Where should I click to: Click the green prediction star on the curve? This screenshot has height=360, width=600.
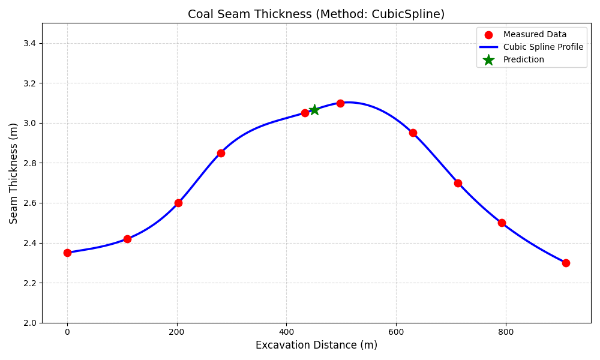coord(314,110)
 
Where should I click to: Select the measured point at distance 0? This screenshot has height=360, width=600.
coord(67,253)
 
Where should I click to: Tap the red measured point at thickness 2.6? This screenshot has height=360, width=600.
coord(178,203)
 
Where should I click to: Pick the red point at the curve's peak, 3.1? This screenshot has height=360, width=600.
coord(340,103)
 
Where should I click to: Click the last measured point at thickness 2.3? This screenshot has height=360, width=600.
coord(566,263)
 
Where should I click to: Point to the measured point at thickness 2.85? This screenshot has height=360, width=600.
coord(221,153)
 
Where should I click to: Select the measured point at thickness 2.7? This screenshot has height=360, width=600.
coord(458,183)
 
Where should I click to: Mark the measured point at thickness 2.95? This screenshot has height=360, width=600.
coord(413,133)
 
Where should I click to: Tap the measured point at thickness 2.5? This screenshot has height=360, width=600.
coord(502,223)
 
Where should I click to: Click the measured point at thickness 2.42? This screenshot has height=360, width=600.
coord(127,239)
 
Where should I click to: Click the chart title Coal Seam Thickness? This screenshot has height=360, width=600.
coord(316,14)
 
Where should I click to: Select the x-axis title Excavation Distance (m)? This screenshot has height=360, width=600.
coord(316,345)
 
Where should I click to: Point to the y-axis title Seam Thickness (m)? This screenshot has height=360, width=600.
coord(14,173)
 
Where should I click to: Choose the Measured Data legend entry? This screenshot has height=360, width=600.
coord(535,35)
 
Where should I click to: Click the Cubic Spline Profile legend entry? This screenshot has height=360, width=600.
coord(543,47)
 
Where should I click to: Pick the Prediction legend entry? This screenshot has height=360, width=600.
coord(523,60)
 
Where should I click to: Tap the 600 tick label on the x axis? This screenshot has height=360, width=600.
coord(396,332)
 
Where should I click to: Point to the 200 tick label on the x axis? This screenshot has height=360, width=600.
coord(176,332)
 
